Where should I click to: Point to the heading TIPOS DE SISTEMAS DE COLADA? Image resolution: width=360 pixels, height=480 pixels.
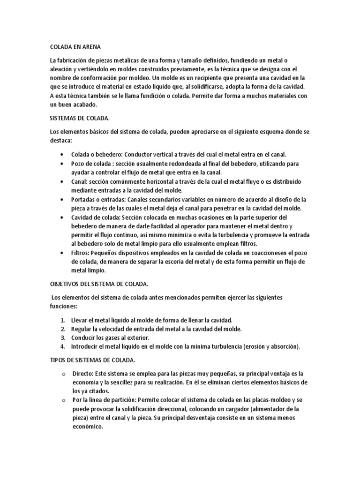click(93, 360)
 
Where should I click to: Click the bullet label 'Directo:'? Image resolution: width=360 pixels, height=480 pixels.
click(83, 374)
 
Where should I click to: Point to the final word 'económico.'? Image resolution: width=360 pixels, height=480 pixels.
click(87, 427)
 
